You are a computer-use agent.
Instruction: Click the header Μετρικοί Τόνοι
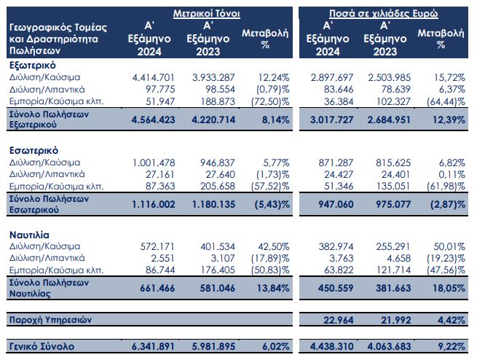click(206, 14)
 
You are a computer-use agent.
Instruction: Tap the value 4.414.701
click(154, 77)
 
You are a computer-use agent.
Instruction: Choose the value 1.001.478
click(154, 162)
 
